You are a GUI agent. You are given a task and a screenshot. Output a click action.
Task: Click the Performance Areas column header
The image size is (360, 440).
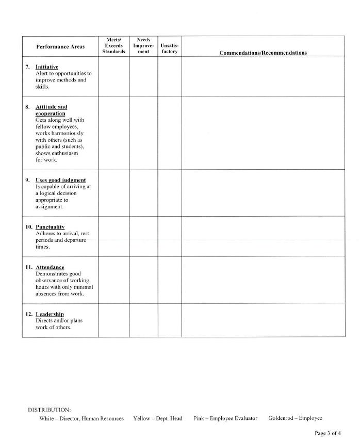(x=60, y=46)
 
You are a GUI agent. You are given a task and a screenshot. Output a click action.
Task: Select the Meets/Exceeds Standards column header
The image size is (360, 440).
(x=113, y=46)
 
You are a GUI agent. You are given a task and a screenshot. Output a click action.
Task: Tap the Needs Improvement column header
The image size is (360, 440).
(x=143, y=46)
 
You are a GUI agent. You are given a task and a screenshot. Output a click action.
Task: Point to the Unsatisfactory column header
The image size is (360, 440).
(x=169, y=49)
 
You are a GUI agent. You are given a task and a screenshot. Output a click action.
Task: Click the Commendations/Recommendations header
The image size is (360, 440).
(x=263, y=53)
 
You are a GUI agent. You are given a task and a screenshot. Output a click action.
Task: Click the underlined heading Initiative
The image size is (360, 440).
(x=47, y=67)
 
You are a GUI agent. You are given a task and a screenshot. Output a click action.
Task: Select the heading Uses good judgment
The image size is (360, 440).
(x=60, y=180)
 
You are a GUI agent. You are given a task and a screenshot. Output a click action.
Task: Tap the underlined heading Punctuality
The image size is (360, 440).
(x=50, y=227)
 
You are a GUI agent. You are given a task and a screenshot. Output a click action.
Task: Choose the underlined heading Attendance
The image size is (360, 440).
(x=50, y=267)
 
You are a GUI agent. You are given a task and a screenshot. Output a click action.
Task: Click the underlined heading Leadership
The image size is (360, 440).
(x=50, y=314)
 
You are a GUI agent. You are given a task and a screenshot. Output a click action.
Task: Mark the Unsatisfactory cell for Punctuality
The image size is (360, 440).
(x=170, y=236)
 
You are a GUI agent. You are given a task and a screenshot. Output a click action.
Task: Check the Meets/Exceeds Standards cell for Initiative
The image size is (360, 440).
(x=113, y=76)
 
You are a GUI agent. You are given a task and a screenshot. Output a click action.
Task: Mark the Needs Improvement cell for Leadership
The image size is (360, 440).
(x=143, y=320)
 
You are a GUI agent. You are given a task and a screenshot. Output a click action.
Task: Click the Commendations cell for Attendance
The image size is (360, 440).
(x=263, y=280)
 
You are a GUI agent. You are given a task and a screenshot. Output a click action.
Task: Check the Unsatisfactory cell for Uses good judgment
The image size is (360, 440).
(x=170, y=193)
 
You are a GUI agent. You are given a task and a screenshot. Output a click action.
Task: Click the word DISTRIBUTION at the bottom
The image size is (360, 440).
(x=50, y=410)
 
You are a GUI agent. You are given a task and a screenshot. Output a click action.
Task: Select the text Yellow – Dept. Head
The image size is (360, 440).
(x=157, y=418)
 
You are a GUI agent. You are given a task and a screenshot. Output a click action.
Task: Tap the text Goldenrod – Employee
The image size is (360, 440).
(x=295, y=418)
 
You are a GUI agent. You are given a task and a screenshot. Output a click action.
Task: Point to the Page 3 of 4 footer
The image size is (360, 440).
(x=328, y=433)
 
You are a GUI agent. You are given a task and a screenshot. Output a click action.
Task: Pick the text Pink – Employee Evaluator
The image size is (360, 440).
(x=225, y=418)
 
